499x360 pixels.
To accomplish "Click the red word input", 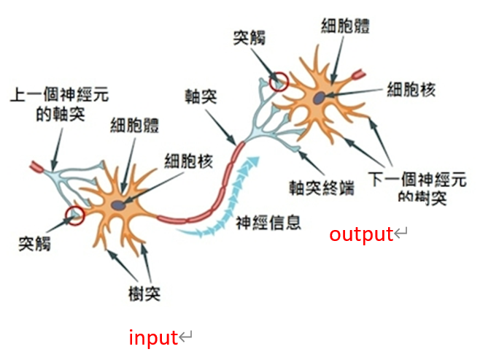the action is tap(153, 337).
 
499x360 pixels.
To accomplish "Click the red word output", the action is tap(361, 234).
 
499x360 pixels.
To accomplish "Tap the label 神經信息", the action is tap(268, 222).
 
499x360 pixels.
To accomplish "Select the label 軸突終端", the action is tap(322, 188).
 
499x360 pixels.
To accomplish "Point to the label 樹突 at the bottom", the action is tap(144, 293).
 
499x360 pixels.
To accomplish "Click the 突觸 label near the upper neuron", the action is tap(249, 37).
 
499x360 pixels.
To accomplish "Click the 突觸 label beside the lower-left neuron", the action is tap(35, 244).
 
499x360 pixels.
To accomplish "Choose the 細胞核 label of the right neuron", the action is tap(411, 89).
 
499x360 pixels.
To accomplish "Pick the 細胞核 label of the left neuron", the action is tap(189, 161).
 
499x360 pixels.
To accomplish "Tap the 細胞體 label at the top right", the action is tap(345, 26).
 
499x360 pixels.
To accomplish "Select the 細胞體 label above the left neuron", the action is tap(135, 125).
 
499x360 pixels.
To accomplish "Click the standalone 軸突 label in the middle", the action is tap(201, 96).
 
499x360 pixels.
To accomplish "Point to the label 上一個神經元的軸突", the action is tap(60, 104).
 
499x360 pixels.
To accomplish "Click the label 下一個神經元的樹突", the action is tap(417, 188).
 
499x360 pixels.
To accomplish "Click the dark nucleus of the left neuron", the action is tap(118, 205).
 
